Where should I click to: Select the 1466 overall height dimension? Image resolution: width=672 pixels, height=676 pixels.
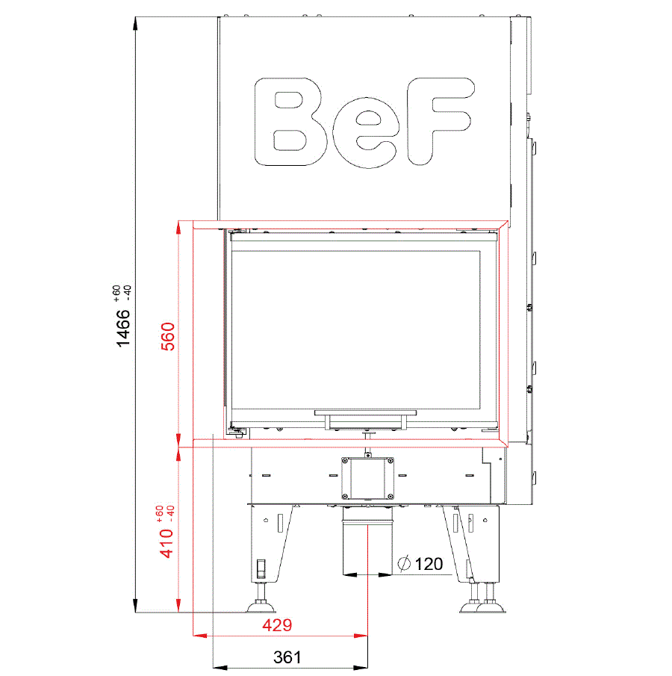click(123, 328)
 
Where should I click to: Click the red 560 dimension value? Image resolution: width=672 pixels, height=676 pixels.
click(168, 336)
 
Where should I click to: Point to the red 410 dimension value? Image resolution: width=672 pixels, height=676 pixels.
click(167, 543)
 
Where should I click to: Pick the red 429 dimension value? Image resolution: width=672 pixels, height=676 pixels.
click(277, 624)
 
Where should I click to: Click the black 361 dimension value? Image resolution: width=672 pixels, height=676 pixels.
click(287, 657)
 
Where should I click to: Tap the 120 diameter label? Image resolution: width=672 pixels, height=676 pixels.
click(429, 563)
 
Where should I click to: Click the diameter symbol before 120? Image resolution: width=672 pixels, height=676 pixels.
click(404, 563)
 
